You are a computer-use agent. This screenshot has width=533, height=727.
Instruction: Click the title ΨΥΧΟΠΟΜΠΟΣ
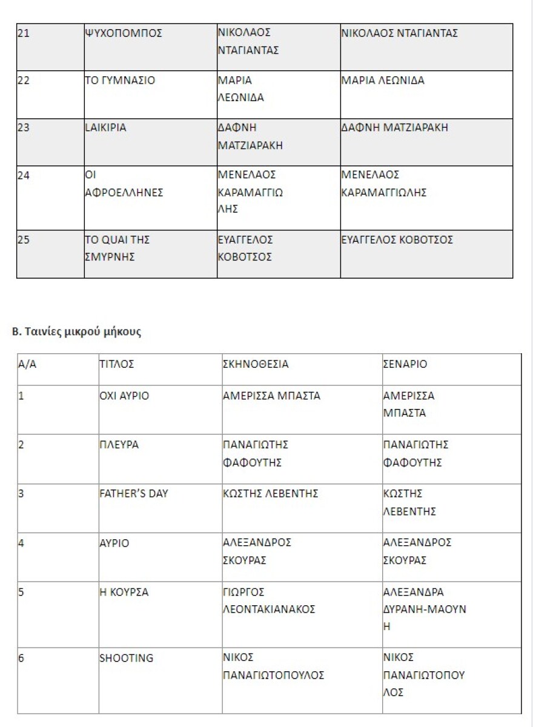click(x=123, y=33)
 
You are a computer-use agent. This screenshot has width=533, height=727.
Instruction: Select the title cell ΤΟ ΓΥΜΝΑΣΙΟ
click(x=119, y=81)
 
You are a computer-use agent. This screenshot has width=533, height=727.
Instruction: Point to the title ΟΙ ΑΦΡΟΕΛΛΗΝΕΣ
click(x=124, y=184)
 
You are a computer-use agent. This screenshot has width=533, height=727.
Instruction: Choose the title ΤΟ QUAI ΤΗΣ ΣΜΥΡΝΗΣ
click(x=117, y=248)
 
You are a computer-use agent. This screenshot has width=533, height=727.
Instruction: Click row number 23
click(x=23, y=128)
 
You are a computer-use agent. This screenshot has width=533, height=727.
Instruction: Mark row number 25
click(x=23, y=239)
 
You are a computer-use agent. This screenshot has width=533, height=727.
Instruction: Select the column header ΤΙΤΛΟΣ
click(x=116, y=365)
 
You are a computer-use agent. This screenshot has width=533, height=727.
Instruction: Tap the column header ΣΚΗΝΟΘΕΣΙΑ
click(x=256, y=365)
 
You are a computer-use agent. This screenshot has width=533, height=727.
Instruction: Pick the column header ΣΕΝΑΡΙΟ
click(x=405, y=365)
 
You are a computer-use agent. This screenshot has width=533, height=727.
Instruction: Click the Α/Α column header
click(x=28, y=365)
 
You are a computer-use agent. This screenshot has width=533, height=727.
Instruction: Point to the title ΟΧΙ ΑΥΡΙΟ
click(x=124, y=396)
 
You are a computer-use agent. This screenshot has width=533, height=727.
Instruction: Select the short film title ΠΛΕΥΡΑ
click(x=119, y=445)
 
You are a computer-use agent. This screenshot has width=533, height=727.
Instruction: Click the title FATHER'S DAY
click(x=133, y=494)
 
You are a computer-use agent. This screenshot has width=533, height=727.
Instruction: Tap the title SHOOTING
click(x=126, y=658)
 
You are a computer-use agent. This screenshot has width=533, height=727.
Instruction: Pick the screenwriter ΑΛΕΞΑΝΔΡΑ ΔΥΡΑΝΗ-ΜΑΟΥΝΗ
click(x=424, y=609)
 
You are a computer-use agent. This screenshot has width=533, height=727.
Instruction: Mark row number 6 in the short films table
click(x=21, y=658)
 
